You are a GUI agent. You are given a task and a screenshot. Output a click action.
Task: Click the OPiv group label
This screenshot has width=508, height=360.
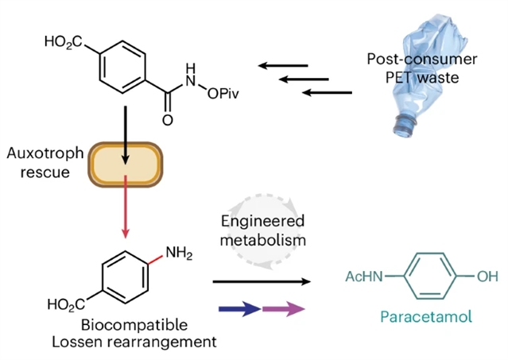coord(223,94)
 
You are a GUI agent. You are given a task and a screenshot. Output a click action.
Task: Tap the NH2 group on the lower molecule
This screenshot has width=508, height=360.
coord(179,253)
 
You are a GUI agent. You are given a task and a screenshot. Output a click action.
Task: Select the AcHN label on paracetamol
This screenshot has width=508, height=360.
coord(364,277)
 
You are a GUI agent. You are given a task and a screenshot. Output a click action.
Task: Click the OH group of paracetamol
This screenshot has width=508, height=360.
coord(487,277)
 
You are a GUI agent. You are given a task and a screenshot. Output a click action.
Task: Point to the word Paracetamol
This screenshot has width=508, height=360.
coord(426,316)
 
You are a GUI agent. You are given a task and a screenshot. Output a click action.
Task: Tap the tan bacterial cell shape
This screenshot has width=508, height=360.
coord(126,165)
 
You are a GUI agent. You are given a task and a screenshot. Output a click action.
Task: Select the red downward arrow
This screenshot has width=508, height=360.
coord(126,207)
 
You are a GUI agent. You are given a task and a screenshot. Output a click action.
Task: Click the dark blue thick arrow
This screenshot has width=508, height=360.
coord(240,309)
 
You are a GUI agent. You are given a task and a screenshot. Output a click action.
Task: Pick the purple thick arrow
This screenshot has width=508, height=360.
coord(284,309)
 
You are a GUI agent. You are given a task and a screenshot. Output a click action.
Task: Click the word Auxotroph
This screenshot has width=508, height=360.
coord(45,153)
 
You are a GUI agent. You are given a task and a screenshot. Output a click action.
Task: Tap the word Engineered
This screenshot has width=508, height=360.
coord(263,222)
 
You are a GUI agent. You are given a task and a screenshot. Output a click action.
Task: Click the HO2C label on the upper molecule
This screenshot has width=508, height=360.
coord(64,42)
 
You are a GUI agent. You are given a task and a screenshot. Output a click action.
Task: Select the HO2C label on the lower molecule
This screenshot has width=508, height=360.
coord(66,304)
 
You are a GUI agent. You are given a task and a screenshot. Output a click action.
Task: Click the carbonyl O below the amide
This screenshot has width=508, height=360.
coord(168,121)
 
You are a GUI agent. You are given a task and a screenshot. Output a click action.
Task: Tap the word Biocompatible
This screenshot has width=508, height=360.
coord(134,325)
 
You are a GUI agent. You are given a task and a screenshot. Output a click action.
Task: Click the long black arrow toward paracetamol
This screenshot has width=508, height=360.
coord(262,281)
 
